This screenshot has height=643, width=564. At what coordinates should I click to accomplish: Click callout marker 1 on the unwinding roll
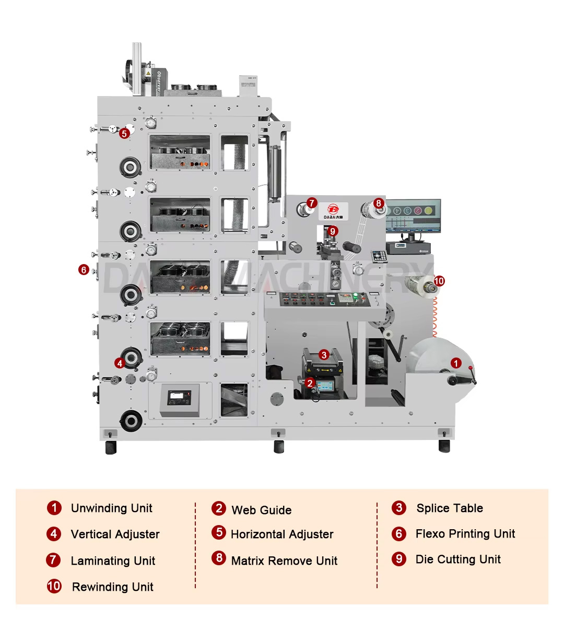click(456, 363)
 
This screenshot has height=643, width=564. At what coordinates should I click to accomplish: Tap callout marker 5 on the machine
click(124, 134)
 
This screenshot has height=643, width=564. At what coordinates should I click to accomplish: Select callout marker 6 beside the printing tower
click(84, 270)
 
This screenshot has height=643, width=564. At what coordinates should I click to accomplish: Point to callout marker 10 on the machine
click(439, 281)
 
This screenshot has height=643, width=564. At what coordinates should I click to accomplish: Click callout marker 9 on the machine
click(333, 231)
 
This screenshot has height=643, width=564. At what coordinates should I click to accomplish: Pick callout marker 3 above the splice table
click(324, 355)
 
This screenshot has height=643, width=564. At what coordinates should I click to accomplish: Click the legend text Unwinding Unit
click(111, 508)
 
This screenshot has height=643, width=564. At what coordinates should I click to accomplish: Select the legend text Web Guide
click(261, 510)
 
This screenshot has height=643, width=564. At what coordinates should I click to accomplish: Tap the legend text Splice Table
click(449, 508)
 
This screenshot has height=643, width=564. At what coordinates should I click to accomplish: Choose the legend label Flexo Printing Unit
click(465, 534)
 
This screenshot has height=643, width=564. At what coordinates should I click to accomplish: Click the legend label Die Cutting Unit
click(457, 559)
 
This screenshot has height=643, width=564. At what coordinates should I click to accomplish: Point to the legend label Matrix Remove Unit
click(284, 561)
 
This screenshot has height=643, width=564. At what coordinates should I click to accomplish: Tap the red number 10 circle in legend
click(54, 586)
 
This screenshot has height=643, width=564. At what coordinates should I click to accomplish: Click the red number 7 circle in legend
click(53, 560)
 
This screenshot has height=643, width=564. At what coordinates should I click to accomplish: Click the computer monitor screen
click(413, 215)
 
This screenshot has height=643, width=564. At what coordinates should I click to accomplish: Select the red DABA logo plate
click(333, 211)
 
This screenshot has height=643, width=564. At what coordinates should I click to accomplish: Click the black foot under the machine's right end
click(444, 446)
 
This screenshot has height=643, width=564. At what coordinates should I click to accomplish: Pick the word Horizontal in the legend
click(256, 534)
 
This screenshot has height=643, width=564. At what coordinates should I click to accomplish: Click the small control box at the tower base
click(179, 399)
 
